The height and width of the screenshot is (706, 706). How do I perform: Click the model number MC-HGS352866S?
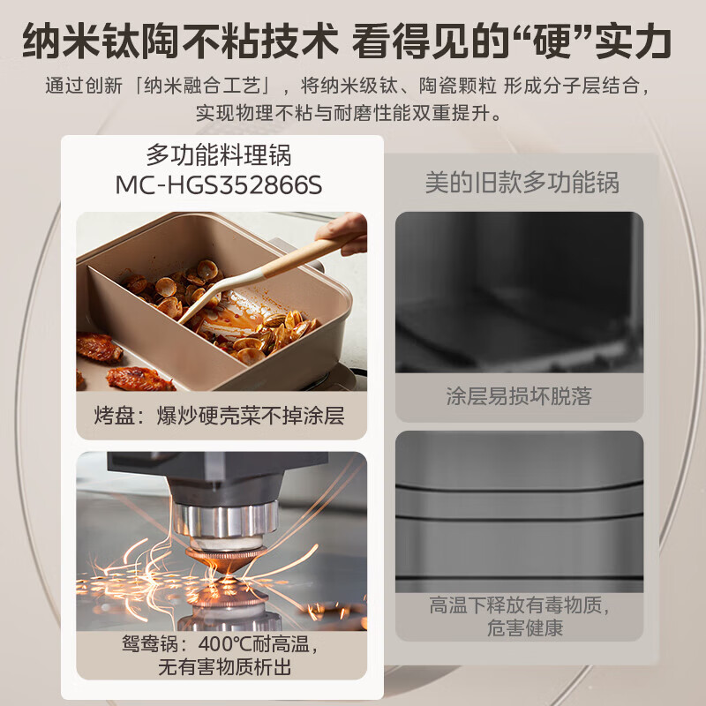(218, 186)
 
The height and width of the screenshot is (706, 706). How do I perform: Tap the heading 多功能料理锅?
(218, 156)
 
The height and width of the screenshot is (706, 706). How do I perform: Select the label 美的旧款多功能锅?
(522, 183)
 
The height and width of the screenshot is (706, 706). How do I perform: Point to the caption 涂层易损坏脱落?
(519, 396)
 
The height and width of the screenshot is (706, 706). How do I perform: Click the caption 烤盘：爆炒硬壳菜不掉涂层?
(220, 416)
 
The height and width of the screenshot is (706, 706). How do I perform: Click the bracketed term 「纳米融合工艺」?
(205, 86)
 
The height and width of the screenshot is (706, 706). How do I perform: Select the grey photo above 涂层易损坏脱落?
(519, 291)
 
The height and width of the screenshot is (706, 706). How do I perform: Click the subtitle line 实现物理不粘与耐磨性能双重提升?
(351, 113)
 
